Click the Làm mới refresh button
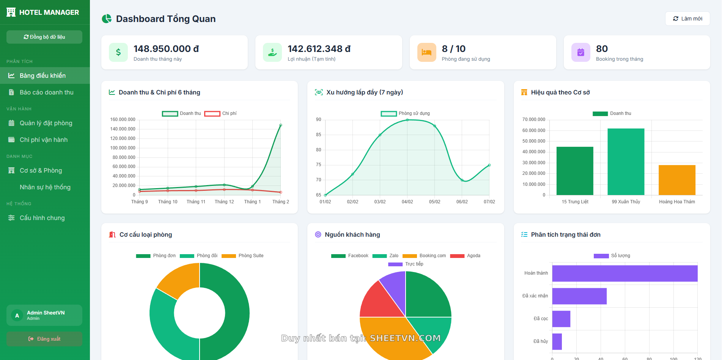(687, 19)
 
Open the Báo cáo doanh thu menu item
(46, 92)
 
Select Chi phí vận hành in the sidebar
(44, 140)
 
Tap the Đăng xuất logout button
(44, 339)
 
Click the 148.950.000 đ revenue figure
(166, 49)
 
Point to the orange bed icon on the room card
(426, 52)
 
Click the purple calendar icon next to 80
(580, 52)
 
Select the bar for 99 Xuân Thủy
(626, 162)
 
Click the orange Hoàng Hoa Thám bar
(676, 180)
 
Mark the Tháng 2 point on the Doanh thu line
(281, 125)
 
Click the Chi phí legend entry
(221, 113)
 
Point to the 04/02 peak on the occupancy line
(407, 120)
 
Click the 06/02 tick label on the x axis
(462, 202)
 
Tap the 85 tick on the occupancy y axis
(318, 135)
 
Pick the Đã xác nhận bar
(579, 296)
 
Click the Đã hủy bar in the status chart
(557, 341)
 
